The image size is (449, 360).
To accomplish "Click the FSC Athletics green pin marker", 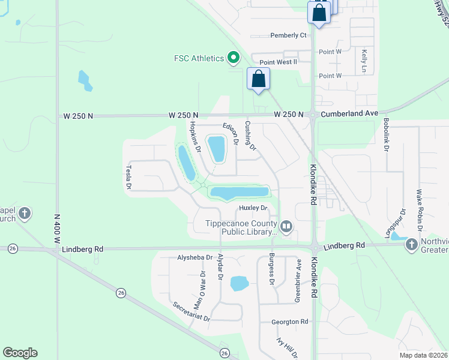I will pyautogui.click(x=233, y=58).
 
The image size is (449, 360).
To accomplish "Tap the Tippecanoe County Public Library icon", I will pyautogui.click(x=286, y=226).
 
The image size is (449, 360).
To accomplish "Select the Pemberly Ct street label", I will pyautogui.click(x=288, y=35).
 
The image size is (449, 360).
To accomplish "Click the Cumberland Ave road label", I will pyautogui.click(x=349, y=113).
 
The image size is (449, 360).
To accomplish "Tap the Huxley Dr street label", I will pyautogui.click(x=253, y=208).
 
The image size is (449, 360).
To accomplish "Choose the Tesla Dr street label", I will pyautogui.click(x=128, y=178).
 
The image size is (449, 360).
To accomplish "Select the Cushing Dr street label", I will pyautogui.click(x=250, y=136).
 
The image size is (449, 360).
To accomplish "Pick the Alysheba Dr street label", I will pyautogui.click(x=195, y=257).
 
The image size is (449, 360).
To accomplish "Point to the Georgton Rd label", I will pyautogui.click(x=289, y=322).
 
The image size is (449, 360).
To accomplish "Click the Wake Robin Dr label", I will pyautogui.click(x=420, y=211).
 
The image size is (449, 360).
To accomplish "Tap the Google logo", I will pyautogui.click(x=20, y=353).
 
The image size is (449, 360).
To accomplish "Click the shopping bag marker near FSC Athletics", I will pyautogui.click(x=258, y=79).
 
